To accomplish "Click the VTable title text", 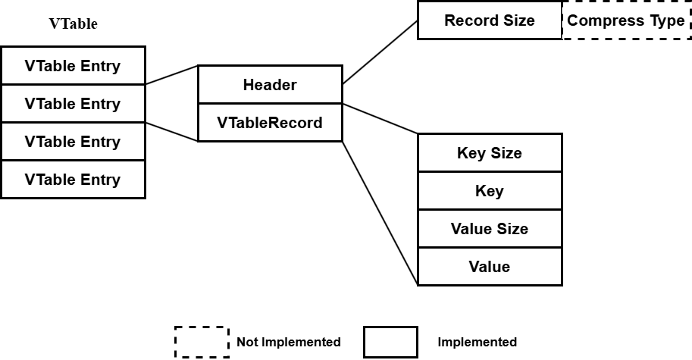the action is [x=73, y=23].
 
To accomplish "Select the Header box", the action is [x=270, y=85].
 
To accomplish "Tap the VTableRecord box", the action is [x=270, y=123].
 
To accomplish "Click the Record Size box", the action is [x=490, y=20].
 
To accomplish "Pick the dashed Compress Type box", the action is [x=626, y=20].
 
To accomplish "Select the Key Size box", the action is [x=490, y=152].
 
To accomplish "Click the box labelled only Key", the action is [x=490, y=190].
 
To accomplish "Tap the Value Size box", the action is [x=490, y=229].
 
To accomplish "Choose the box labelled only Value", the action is [x=490, y=267].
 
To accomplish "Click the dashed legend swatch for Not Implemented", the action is [x=202, y=342].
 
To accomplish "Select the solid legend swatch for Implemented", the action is [x=390, y=342].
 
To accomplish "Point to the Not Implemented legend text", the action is [x=289, y=342].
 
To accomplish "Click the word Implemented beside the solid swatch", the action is [x=477, y=342].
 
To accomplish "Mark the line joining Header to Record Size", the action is [x=380, y=52].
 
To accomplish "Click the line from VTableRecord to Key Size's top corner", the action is [x=380, y=119].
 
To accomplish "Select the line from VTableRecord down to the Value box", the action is [x=380, y=213].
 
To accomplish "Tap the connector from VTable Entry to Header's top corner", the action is [x=172, y=75].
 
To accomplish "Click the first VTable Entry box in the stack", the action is [x=74, y=66].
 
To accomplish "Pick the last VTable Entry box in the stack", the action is [x=74, y=179].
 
